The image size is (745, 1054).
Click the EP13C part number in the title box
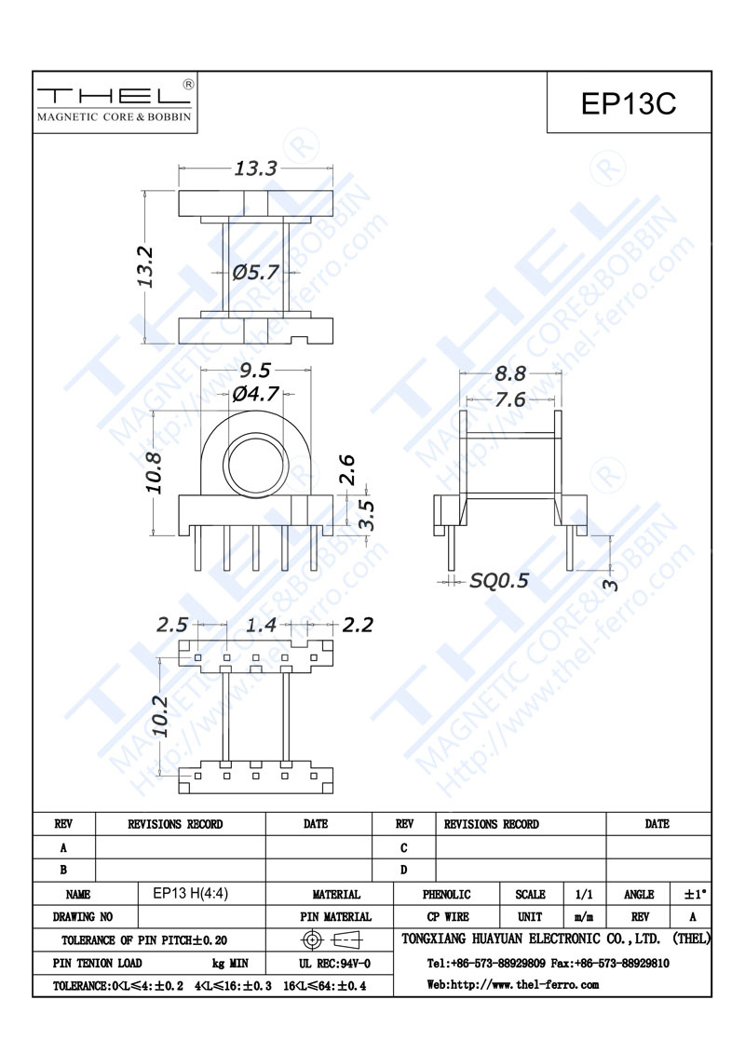click(628, 103)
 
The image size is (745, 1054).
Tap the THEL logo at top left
click(115, 101)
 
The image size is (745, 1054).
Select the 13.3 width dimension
click(255, 168)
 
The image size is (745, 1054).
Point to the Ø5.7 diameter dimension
click(255, 272)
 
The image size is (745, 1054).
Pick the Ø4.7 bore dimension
click(255, 393)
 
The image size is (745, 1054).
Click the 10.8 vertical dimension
click(154, 473)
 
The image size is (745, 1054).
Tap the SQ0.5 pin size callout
click(499, 580)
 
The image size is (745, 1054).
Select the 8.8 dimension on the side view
click(510, 373)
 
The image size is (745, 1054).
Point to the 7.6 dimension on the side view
click(510, 400)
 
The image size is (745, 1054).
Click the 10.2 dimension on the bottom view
click(160, 716)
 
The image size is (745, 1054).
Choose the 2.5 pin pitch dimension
click(172, 625)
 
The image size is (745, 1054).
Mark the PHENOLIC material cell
click(446, 895)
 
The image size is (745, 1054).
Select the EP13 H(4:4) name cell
click(190, 893)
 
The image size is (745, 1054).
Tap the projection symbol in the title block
click(332, 939)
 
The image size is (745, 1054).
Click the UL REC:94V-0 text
click(335, 964)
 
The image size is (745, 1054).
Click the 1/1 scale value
click(584, 895)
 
